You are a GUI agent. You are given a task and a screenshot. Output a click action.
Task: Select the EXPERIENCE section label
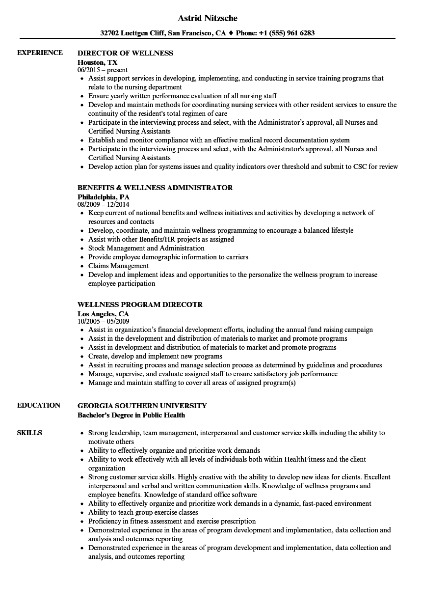click(x=40, y=53)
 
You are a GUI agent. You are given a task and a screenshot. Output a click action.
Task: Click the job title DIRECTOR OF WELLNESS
click(x=126, y=53)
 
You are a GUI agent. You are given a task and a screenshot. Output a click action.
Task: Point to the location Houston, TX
click(x=98, y=62)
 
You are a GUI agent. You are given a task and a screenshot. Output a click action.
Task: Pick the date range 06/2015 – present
click(x=103, y=70)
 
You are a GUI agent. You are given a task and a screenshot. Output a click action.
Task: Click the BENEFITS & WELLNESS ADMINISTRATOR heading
click(x=155, y=188)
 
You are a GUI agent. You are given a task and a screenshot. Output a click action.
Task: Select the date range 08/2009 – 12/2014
click(x=104, y=204)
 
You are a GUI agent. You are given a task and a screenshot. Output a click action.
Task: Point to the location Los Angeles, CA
click(x=103, y=313)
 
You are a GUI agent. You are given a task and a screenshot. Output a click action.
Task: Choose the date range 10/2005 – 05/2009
click(x=104, y=321)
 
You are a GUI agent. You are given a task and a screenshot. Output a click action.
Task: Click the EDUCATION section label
click(x=39, y=406)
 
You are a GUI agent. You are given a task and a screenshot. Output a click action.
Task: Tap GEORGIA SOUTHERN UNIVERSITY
click(x=142, y=406)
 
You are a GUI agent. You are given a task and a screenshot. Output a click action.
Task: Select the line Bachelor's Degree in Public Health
click(x=131, y=415)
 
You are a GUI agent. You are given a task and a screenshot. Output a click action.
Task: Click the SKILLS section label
click(x=29, y=433)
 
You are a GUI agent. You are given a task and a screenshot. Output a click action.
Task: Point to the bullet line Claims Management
click(x=118, y=266)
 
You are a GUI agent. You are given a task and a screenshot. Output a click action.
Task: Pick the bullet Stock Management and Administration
click(x=146, y=249)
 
